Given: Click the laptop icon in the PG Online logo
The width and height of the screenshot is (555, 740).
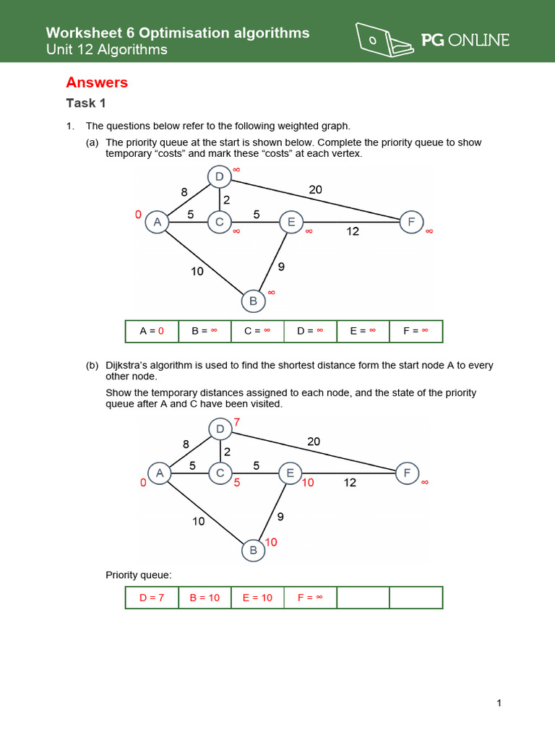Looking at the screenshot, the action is pos(384,40).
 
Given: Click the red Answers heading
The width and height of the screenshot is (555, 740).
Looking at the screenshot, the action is pos(97,82).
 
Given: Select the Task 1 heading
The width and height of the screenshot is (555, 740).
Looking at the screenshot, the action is pos(86,103).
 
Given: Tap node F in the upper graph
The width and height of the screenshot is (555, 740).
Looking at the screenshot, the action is pos(411,223).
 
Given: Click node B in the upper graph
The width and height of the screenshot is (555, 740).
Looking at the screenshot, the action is pos(253,301).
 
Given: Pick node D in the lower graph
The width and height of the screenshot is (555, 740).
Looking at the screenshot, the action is pos(220,430).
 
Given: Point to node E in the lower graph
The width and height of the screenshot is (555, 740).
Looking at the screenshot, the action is pos(290,473).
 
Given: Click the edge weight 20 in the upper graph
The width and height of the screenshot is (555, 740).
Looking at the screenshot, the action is pos(315,189).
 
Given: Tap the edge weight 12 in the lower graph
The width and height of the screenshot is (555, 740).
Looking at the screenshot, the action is pos(350,483).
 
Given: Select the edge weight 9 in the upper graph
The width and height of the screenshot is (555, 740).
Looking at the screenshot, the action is pos(281,267).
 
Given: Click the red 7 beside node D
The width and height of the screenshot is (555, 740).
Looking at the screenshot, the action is pos(236,421).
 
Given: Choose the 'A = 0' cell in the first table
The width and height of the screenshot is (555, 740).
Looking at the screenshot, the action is pos(152,331).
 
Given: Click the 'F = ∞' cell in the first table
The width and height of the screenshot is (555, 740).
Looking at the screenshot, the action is pos(416,331).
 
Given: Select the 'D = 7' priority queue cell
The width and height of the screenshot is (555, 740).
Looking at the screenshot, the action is pos(152,598).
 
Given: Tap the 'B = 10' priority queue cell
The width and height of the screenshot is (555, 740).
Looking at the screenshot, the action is pos(205,598).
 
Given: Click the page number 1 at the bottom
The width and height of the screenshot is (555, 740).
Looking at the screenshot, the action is pos(499,703).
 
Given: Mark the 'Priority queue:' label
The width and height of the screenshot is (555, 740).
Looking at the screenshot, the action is pos(139,575).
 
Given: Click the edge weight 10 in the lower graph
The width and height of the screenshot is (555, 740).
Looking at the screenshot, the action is pos(199,520).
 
